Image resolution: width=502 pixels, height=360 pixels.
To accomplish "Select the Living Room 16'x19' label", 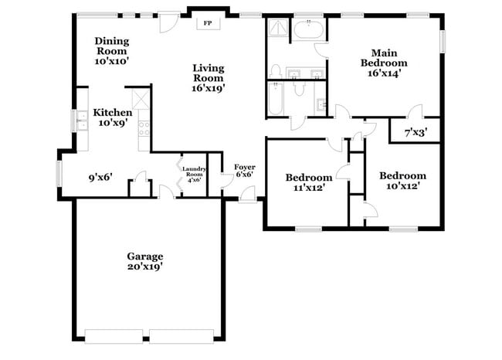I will tap(209, 78).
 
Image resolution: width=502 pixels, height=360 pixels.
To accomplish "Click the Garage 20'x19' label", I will tap(145, 261).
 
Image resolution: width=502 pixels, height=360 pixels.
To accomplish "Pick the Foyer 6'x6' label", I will tap(245, 170).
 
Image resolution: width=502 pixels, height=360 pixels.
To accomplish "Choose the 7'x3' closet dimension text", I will tap(416, 133).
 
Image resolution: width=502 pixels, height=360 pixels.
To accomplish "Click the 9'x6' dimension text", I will tap(100, 177).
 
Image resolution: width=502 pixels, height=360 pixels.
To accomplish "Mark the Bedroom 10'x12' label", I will tap(402, 181).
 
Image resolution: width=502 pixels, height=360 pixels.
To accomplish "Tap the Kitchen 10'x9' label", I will tap(113, 117).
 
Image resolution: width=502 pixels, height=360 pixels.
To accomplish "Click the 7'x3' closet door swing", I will tap(416, 111).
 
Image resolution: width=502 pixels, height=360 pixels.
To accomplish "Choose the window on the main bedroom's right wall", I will tap(443, 40).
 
